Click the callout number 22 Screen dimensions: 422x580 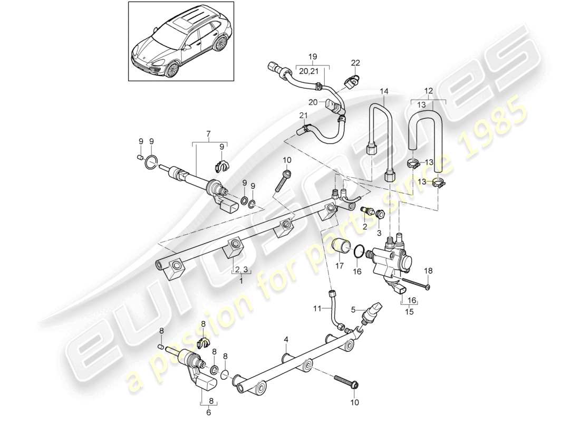[355, 63]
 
